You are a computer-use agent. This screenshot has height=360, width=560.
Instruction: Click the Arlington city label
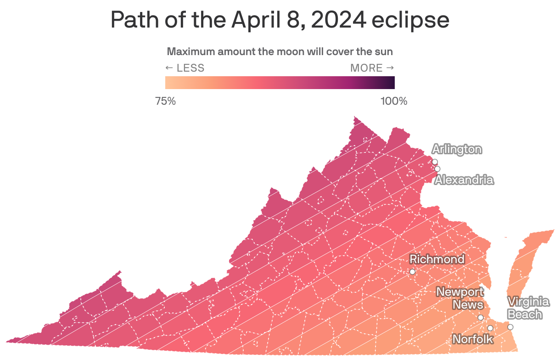point(457,149)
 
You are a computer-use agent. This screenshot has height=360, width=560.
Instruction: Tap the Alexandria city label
point(464,180)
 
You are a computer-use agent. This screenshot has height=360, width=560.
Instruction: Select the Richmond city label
point(437,259)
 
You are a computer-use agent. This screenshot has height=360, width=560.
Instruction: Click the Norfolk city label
point(473,339)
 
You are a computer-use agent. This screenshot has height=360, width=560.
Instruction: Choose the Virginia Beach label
point(528,308)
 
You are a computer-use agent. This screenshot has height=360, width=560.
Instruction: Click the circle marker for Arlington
point(435,162)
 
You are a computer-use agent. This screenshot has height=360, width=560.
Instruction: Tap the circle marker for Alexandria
point(437,169)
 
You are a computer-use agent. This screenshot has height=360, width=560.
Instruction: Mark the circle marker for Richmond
point(412,272)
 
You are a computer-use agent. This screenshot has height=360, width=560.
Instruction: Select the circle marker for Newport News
point(481,317)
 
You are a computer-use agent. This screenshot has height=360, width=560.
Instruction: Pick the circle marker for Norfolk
point(490,328)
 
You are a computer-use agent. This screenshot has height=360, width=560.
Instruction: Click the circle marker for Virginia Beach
point(510,327)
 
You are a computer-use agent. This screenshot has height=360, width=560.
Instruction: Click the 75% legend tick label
point(166,101)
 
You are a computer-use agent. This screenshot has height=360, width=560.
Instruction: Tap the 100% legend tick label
point(394,101)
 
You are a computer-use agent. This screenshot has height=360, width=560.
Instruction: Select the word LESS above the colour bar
point(190,68)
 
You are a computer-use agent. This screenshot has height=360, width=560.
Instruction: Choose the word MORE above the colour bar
point(366,68)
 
